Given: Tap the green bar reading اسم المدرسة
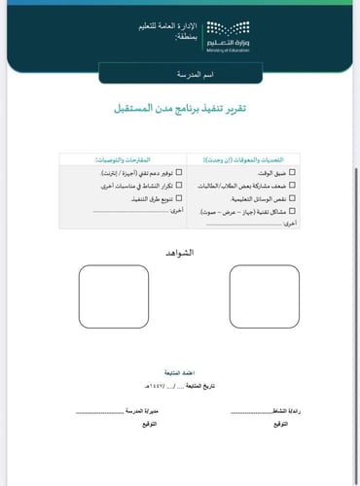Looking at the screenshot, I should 180,74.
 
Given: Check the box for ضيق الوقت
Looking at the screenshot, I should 293,171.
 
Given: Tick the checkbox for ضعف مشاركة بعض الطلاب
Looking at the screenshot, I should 293,184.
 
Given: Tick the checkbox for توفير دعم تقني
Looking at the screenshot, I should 178,171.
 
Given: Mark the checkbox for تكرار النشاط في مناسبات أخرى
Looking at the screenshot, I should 178,184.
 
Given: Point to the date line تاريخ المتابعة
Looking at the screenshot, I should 181,387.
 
